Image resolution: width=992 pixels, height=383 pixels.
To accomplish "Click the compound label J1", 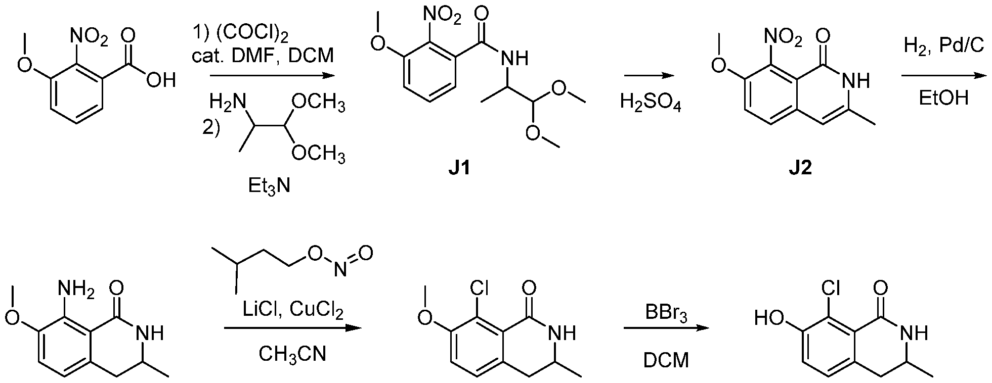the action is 459,167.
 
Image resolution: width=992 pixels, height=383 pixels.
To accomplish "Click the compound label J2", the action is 800,167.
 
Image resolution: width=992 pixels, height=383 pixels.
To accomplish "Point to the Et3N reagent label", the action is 269,187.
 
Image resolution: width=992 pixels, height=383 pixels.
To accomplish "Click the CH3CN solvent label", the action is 292,354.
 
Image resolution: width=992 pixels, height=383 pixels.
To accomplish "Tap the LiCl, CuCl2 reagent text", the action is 293,311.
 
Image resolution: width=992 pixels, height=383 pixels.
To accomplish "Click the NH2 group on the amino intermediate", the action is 76,290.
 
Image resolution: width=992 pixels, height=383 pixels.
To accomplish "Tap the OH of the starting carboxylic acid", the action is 161,79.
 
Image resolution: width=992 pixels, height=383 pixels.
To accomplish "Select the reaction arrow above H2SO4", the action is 650,76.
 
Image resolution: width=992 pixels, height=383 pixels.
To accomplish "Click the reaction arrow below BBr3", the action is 666,329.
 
